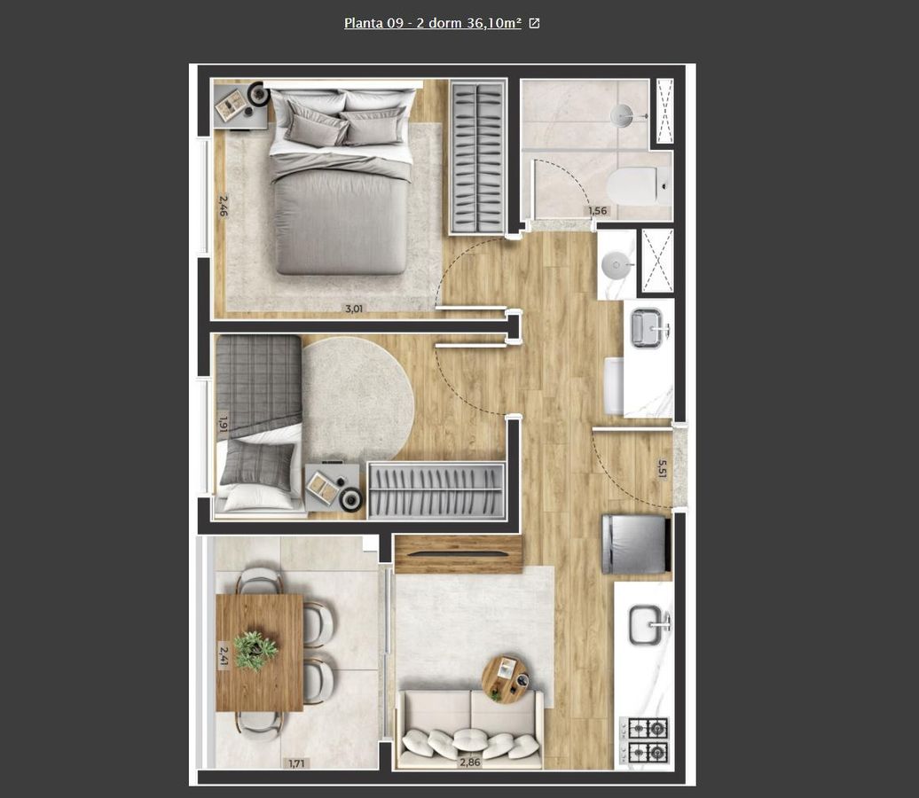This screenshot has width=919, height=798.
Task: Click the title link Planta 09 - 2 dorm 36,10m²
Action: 433,23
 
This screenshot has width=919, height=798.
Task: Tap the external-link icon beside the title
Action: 534,23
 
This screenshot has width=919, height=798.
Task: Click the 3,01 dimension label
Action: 353,309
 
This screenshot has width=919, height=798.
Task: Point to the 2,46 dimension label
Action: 224,206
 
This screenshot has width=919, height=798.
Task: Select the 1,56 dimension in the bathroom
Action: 598,211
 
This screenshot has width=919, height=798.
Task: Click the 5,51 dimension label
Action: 662,469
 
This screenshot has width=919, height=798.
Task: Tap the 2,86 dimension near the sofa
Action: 470,763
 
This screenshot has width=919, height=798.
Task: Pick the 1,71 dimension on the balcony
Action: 296,763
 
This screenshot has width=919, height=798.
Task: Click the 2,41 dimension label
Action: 224,655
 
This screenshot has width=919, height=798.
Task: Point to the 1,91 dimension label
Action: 223,424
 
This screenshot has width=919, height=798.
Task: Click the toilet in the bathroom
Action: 638,185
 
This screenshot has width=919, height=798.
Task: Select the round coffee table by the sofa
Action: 506,679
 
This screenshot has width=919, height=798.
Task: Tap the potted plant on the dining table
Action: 255,650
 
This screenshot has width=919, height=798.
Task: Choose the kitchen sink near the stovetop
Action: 648,625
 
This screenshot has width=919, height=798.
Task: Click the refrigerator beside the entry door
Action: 635,544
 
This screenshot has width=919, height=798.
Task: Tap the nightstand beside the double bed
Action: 240,106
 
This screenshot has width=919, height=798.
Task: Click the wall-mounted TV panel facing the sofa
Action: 459,553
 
